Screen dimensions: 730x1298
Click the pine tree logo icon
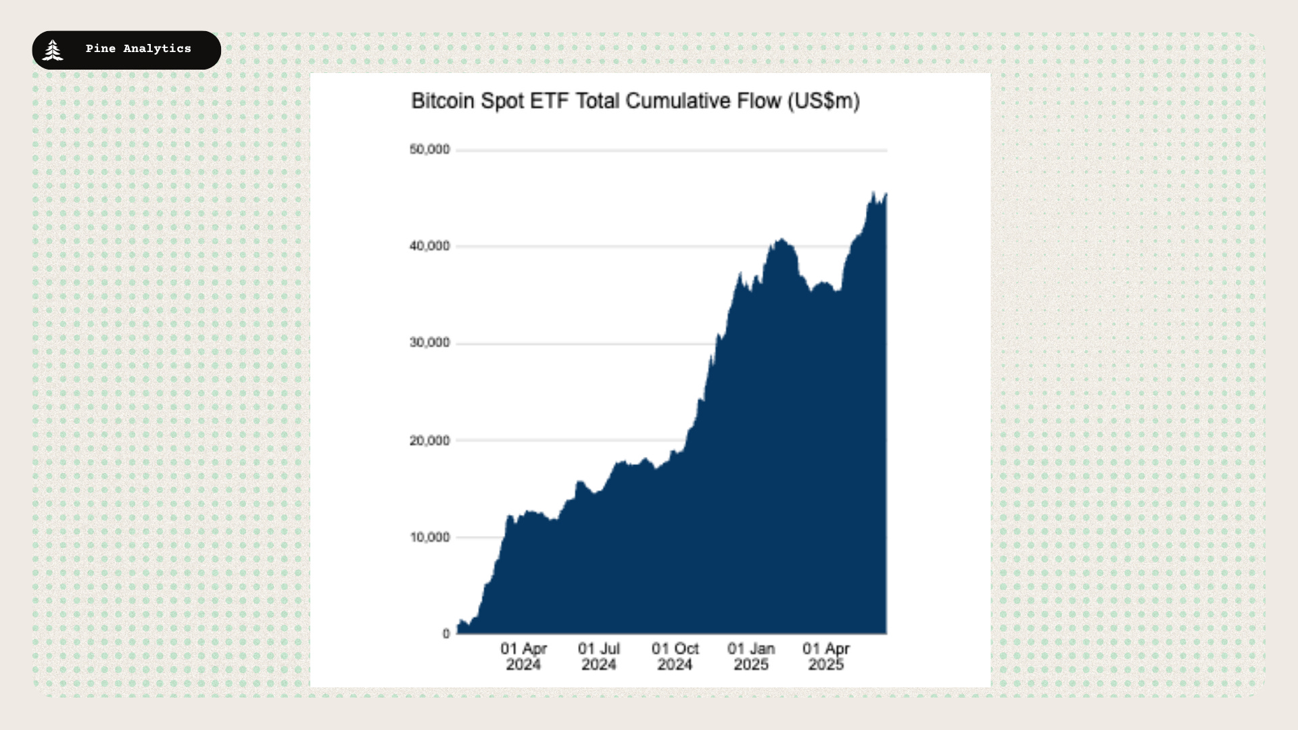coord(52,50)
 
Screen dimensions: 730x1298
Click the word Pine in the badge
coord(100,49)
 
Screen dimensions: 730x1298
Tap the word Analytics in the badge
coord(157,49)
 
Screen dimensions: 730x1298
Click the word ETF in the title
coord(549,101)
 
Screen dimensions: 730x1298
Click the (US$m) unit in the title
coord(823,101)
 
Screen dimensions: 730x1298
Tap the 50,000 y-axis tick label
coord(429,149)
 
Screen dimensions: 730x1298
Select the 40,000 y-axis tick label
coord(429,246)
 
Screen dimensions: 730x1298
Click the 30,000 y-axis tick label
coord(429,343)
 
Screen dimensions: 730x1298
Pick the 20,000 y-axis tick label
coord(429,441)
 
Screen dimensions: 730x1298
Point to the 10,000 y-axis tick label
coord(429,537)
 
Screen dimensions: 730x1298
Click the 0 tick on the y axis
coord(446,634)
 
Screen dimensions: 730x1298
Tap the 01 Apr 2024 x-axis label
coord(523,656)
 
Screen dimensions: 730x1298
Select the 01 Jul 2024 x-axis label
coord(599,656)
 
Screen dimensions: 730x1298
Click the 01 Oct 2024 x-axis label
coord(675,656)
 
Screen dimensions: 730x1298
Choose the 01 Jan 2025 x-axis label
coord(751,656)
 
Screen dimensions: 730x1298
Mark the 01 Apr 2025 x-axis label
coord(826,656)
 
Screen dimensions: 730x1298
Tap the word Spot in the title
coord(502,101)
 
